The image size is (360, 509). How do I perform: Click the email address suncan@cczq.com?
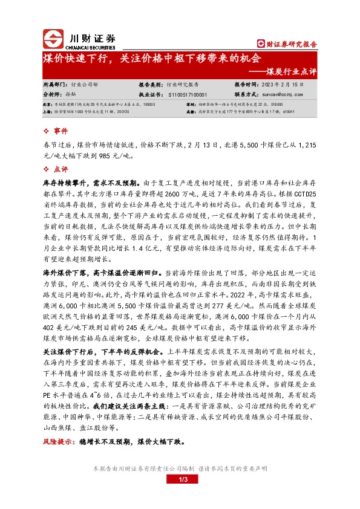pos(281,95)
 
